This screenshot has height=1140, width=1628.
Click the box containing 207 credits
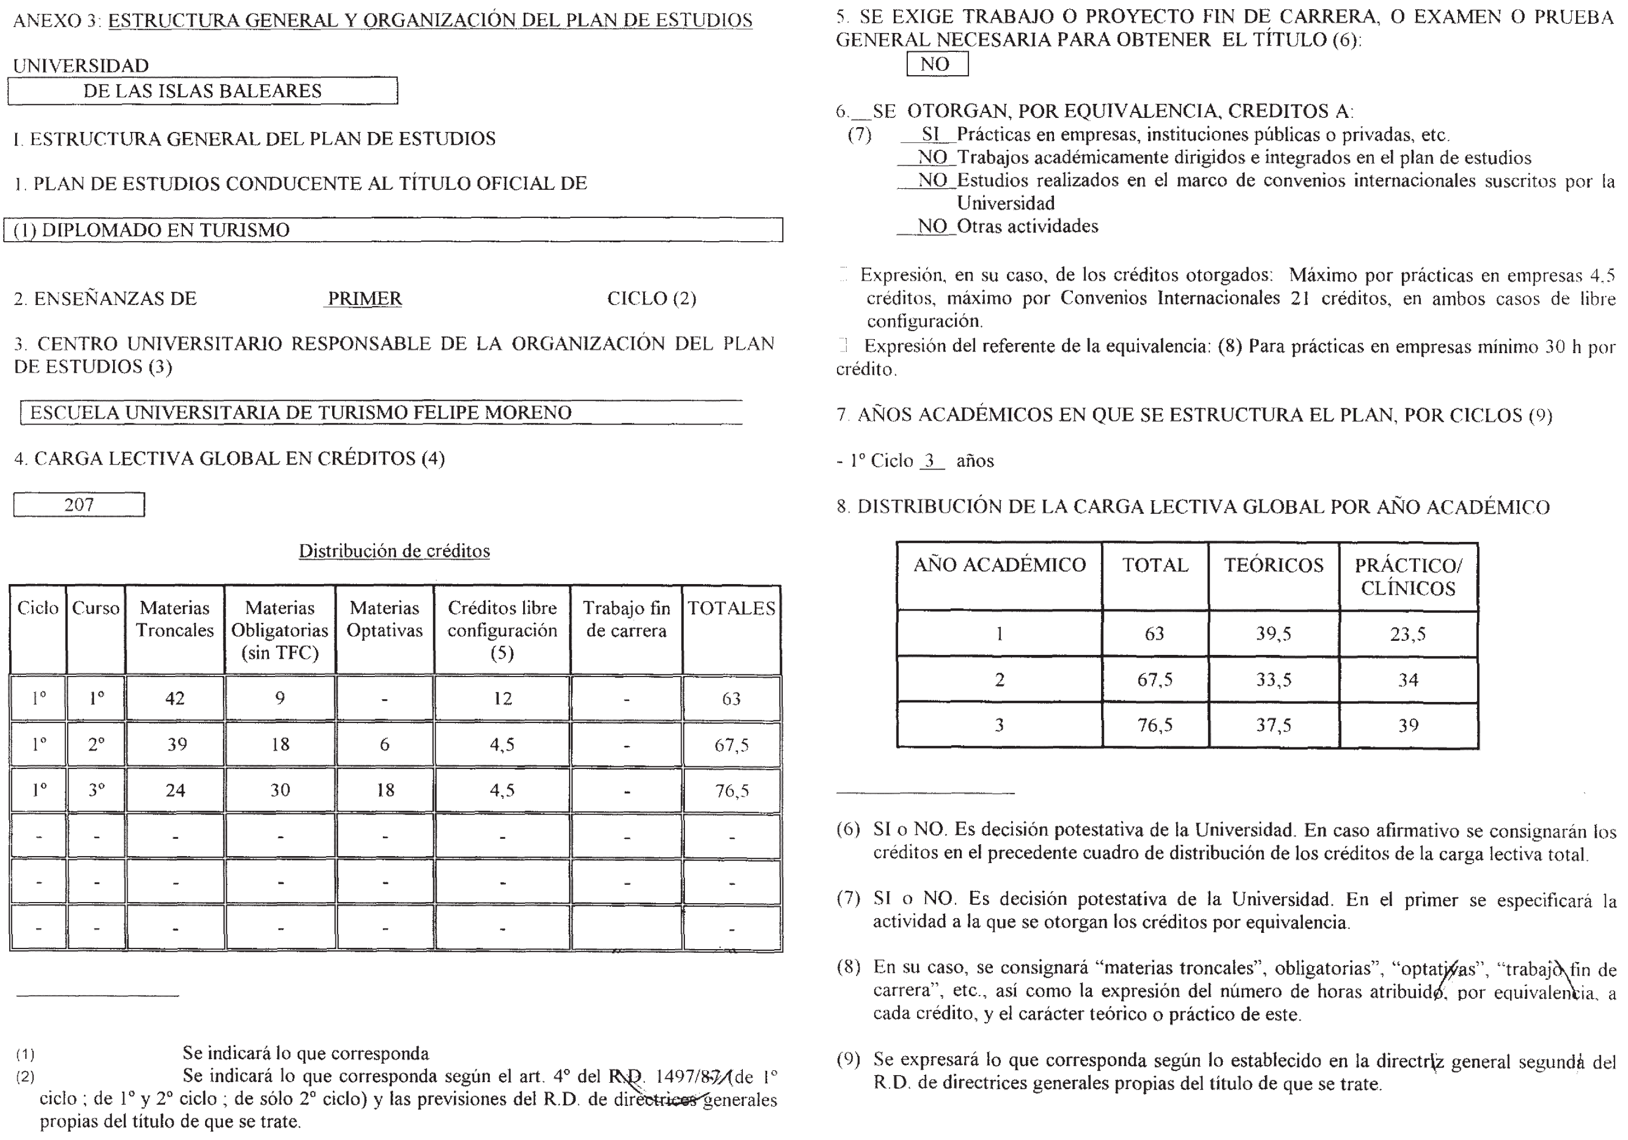point(78,505)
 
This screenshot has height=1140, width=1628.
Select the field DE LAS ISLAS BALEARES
point(202,91)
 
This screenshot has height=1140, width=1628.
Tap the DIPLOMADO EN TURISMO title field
point(393,230)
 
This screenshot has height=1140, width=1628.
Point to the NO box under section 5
point(936,64)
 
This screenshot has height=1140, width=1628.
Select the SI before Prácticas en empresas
point(930,134)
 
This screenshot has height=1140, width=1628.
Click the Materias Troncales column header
point(174,619)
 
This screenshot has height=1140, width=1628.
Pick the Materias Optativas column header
point(384,619)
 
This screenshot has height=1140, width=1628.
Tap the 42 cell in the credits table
point(174,698)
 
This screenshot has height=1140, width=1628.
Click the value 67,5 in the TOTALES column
point(731,744)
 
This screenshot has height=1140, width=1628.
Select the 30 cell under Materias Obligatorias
point(280,790)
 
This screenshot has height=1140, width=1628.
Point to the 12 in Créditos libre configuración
point(502,698)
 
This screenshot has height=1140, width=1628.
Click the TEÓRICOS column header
point(1274,565)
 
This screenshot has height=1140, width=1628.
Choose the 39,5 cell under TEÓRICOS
point(1274,634)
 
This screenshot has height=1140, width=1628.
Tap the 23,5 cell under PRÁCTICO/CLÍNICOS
point(1407,634)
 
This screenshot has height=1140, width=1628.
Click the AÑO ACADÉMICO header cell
point(999,565)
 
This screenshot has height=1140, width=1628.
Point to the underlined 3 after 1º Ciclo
point(930,461)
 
